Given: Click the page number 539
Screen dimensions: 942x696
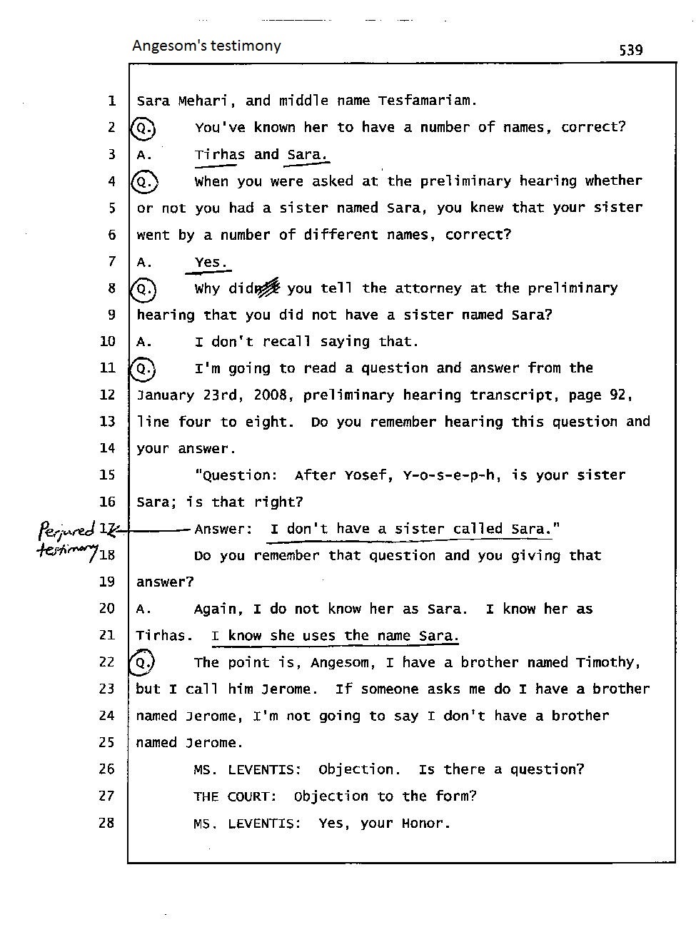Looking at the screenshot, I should point(630,50).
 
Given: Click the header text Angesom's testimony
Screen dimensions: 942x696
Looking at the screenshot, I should point(206,46).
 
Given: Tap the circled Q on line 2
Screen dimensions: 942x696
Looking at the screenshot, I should point(143,128).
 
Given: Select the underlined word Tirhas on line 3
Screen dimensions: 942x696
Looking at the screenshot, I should point(219,155).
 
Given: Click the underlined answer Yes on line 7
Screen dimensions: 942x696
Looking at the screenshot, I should point(210,263).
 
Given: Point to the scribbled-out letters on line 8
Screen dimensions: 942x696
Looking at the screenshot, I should point(268,288).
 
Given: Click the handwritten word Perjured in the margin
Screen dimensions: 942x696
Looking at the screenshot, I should point(66,530).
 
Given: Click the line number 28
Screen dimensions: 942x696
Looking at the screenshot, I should point(106,823).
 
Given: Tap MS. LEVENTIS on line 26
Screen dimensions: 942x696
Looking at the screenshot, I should point(246,769).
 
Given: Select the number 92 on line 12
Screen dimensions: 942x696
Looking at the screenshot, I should point(617,395).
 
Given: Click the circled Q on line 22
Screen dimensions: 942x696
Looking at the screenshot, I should point(143,663).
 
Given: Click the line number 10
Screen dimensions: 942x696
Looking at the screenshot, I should point(107,341).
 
